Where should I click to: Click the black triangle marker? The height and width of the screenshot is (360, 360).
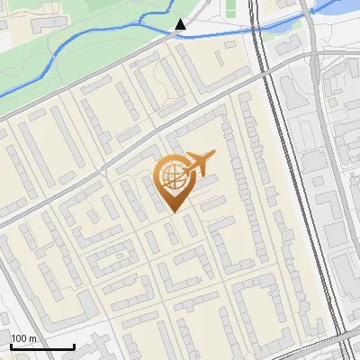(181, 24)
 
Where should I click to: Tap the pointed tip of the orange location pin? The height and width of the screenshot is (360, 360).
(174, 212)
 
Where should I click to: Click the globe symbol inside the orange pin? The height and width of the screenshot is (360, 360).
(173, 178)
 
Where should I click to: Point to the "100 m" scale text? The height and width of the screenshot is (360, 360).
(23, 337)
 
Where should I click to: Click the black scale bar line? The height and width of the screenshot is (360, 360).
(42, 346)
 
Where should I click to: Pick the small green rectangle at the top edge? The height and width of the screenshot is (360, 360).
(229, 8)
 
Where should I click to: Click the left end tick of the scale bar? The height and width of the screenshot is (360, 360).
(11, 346)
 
